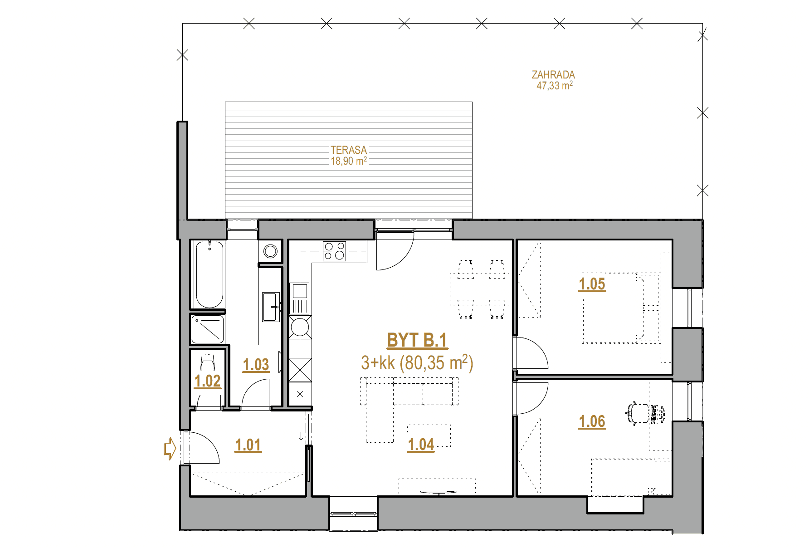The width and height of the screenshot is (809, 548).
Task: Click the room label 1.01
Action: (248, 445)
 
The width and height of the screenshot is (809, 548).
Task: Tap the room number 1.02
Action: (207, 381)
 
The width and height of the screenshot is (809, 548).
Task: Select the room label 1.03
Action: (256, 365)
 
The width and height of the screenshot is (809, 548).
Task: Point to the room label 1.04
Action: (421, 445)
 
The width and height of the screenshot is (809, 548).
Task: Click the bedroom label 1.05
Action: (592, 284)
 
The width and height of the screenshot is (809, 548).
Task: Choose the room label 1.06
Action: (592, 421)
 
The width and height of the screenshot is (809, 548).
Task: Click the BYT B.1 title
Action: (417, 340)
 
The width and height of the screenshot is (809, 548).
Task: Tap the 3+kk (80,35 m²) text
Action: (417, 363)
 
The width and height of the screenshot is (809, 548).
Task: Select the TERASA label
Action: (349, 150)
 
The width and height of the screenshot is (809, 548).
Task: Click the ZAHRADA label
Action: (553, 74)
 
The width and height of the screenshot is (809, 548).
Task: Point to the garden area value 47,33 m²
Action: (555, 85)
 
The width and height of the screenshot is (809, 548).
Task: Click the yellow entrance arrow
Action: (170, 448)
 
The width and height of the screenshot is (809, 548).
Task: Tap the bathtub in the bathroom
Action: (209, 274)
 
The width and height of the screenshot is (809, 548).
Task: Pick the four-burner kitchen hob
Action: (334, 251)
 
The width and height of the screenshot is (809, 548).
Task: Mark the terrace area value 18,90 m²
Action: (349, 161)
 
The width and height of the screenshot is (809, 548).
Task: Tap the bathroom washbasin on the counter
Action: (271, 307)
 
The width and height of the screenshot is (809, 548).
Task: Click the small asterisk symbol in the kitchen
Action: (300, 394)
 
